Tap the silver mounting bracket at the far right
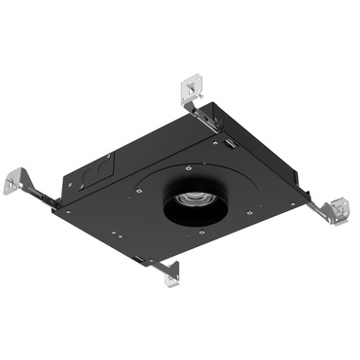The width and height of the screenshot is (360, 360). pyautogui.click(x=338, y=207)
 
